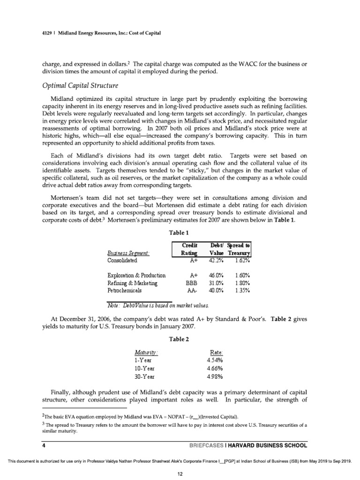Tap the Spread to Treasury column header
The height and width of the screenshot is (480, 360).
tap(239, 249)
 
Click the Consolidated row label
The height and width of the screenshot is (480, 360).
tap(122, 260)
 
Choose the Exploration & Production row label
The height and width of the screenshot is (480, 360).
tap(136, 276)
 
